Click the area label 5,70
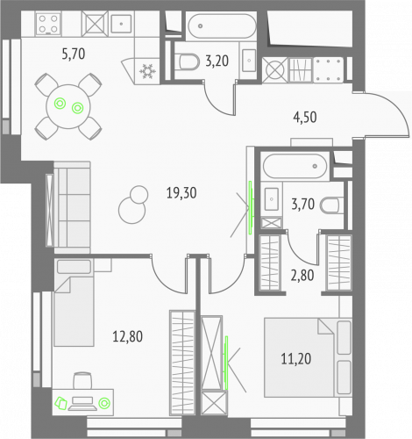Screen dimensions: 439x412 pyautogui.click(x=75, y=54)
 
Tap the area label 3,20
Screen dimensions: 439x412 pyautogui.click(x=217, y=62)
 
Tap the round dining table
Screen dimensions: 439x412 pyautogui.click(x=67, y=105)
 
